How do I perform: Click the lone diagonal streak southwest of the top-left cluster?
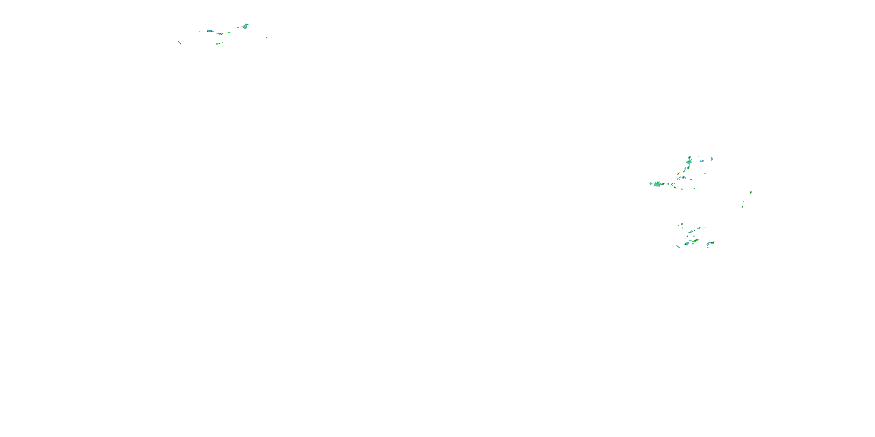(x=180, y=43)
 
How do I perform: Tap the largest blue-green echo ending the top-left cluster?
(x=245, y=26)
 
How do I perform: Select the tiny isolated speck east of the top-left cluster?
(x=267, y=37)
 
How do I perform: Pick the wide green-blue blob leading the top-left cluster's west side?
(x=210, y=31)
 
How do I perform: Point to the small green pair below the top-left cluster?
(x=218, y=43)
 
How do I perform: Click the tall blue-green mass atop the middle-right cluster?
(x=689, y=161)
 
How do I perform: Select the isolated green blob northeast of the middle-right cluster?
(x=712, y=158)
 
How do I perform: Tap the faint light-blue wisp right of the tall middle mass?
(x=701, y=161)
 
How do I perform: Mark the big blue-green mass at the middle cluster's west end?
(x=659, y=184)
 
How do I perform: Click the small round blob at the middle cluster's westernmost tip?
(x=651, y=183)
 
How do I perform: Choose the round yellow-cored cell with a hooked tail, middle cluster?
(x=683, y=177)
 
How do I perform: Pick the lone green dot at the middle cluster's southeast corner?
(x=694, y=188)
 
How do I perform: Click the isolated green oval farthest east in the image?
(x=751, y=192)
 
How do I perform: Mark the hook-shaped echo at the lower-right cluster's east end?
(x=710, y=243)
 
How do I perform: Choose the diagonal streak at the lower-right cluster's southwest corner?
(x=678, y=246)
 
